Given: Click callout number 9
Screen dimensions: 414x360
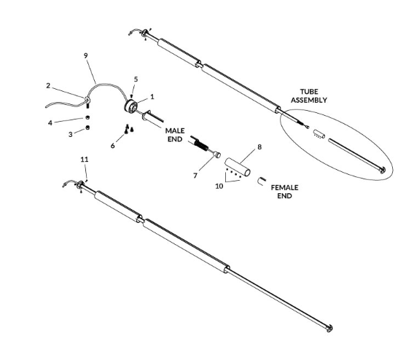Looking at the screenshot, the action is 85,55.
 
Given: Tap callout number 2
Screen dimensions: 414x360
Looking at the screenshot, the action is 48,86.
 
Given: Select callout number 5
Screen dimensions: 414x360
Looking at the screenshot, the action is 136,79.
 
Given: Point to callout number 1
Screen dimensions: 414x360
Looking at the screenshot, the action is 152,97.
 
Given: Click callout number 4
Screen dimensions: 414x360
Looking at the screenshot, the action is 50,122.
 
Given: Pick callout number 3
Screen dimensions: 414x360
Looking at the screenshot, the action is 70,134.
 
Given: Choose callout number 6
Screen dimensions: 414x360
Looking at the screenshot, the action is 113,146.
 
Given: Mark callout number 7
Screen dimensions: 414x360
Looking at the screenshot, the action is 195,176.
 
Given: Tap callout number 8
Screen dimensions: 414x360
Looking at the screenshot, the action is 259,146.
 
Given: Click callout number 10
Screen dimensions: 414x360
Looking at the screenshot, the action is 219,186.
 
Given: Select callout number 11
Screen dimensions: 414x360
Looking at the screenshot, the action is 85,160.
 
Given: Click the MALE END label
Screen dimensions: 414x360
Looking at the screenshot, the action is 175,135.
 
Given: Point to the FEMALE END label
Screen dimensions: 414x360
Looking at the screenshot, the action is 284,192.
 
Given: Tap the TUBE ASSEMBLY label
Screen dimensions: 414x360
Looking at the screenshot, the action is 309,95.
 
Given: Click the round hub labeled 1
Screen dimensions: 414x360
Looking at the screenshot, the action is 131,106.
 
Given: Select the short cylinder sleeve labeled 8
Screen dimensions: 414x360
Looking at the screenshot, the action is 238,167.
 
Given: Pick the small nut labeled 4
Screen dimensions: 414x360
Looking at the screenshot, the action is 87,117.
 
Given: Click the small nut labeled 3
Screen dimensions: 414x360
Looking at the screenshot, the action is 87,128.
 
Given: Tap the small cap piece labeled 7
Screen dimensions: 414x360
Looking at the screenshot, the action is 217,154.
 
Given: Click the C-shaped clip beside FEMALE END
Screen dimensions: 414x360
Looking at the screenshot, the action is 261,181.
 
